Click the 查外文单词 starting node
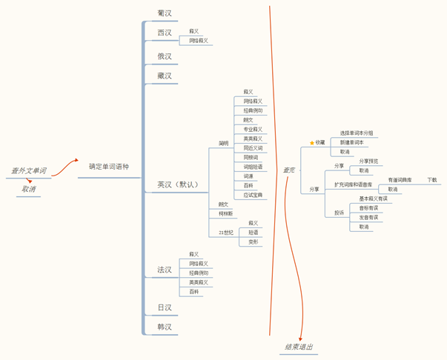(x=28, y=171)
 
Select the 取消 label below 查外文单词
(x=29, y=190)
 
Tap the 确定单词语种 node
(x=109, y=167)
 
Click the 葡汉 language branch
(x=165, y=13)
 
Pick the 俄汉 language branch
(x=165, y=56)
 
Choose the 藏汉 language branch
(x=165, y=76)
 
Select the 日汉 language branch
(x=165, y=307)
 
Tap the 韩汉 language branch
(x=165, y=327)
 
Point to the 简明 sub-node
(x=223, y=143)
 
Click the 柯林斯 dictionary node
(x=225, y=214)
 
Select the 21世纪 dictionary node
(x=226, y=233)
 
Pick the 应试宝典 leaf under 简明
(x=253, y=196)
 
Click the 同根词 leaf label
(x=251, y=158)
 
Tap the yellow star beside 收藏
(x=312, y=142)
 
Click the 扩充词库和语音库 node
(x=354, y=184)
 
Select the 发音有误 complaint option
(x=368, y=218)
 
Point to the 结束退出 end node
(x=299, y=347)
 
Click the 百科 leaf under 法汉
(x=194, y=292)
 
